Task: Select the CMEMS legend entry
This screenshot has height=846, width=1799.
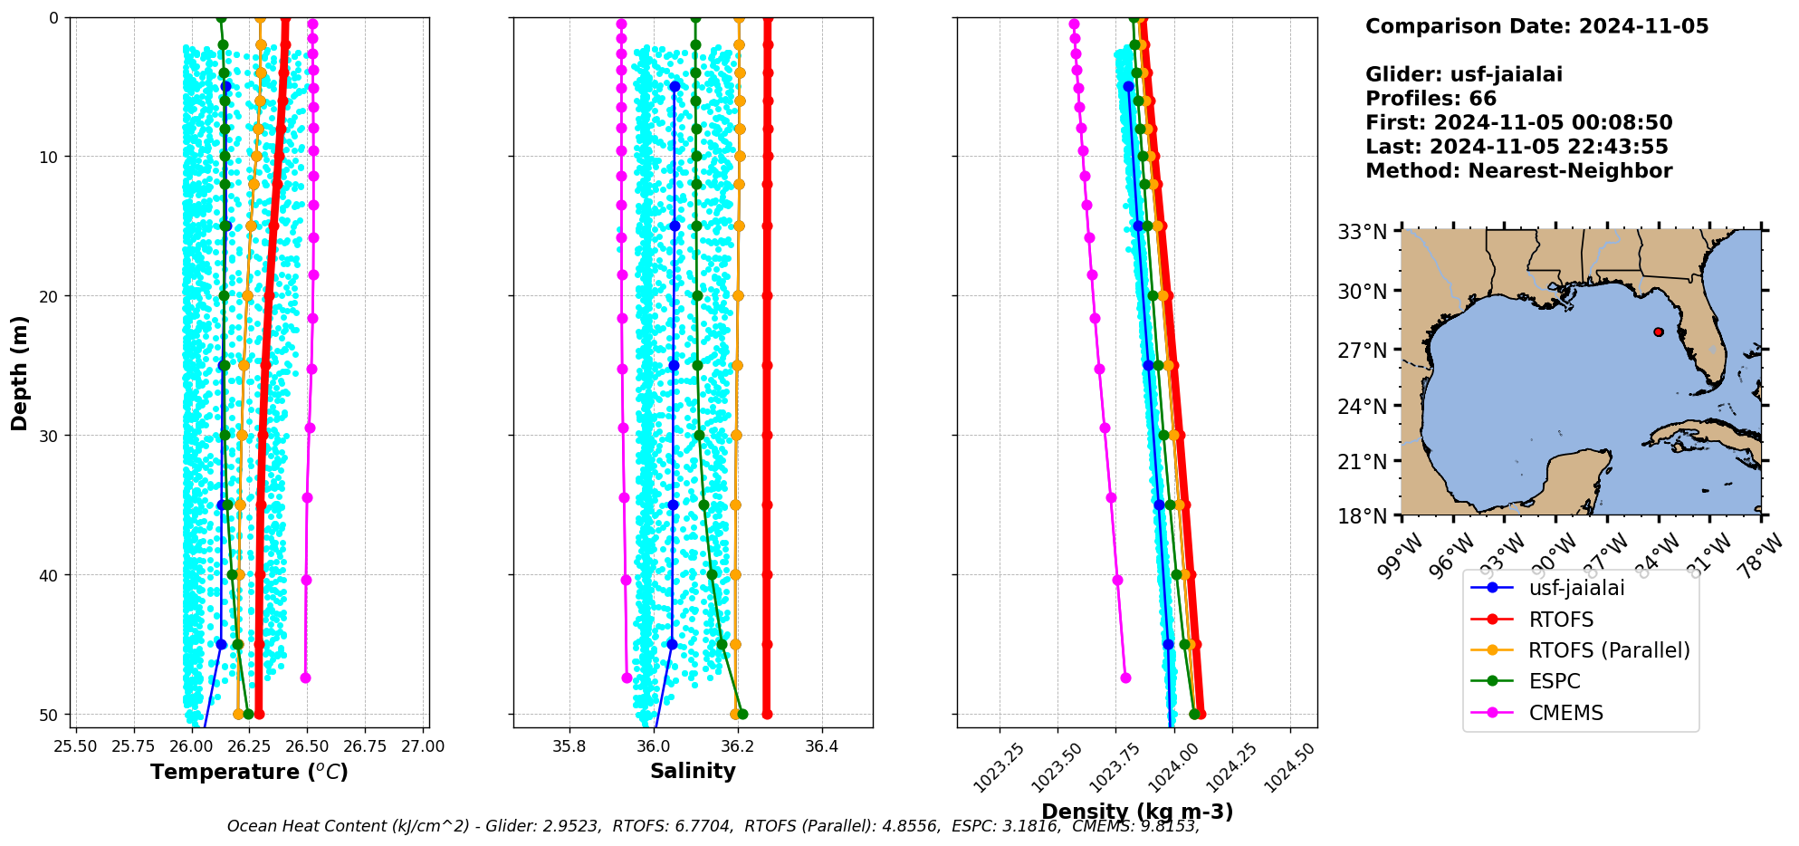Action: tap(1565, 713)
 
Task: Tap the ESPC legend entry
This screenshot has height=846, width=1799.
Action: tap(1554, 681)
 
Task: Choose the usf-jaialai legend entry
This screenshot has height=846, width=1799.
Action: tap(1576, 588)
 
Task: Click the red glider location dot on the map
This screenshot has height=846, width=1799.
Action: tap(1658, 332)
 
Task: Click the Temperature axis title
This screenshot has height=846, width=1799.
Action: tap(249, 772)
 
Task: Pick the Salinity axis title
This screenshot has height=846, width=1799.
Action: tap(693, 771)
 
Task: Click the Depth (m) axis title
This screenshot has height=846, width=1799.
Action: tap(20, 373)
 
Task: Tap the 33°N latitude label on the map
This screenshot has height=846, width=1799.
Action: tap(1363, 232)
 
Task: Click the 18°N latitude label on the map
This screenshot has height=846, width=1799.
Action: tap(1363, 515)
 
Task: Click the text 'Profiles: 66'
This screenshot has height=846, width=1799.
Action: tap(1431, 99)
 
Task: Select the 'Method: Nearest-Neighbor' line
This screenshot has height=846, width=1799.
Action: tap(1518, 170)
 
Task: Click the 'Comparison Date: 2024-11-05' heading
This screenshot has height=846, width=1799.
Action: tap(1536, 26)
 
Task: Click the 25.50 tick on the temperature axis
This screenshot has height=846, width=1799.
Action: tap(76, 746)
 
